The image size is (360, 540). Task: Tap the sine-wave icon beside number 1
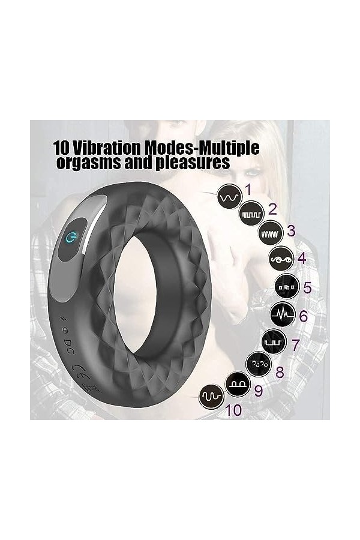pyautogui.click(x=230, y=197)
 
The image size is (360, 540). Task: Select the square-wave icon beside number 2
pyautogui.click(x=252, y=214)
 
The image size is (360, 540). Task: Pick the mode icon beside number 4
pyautogui.click(x=281, y=259)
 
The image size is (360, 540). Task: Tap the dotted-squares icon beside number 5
pyautogui.click(x=287, y=287)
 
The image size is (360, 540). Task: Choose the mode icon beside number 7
pyautogui.click(x=274, y=342)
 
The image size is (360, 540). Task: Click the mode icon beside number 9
pyautogui.click(x=238, y=383)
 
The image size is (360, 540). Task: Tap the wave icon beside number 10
pyautogui.click(x=212, y=397)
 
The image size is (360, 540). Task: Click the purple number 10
pyautogui.click(x=233, y=410)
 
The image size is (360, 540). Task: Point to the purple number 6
pyautogui.click(x=304, y=316)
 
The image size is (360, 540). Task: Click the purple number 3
pyautogui.click(x=291, y=231)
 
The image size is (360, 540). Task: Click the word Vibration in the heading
pyautogui.click(x=107, y=148)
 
